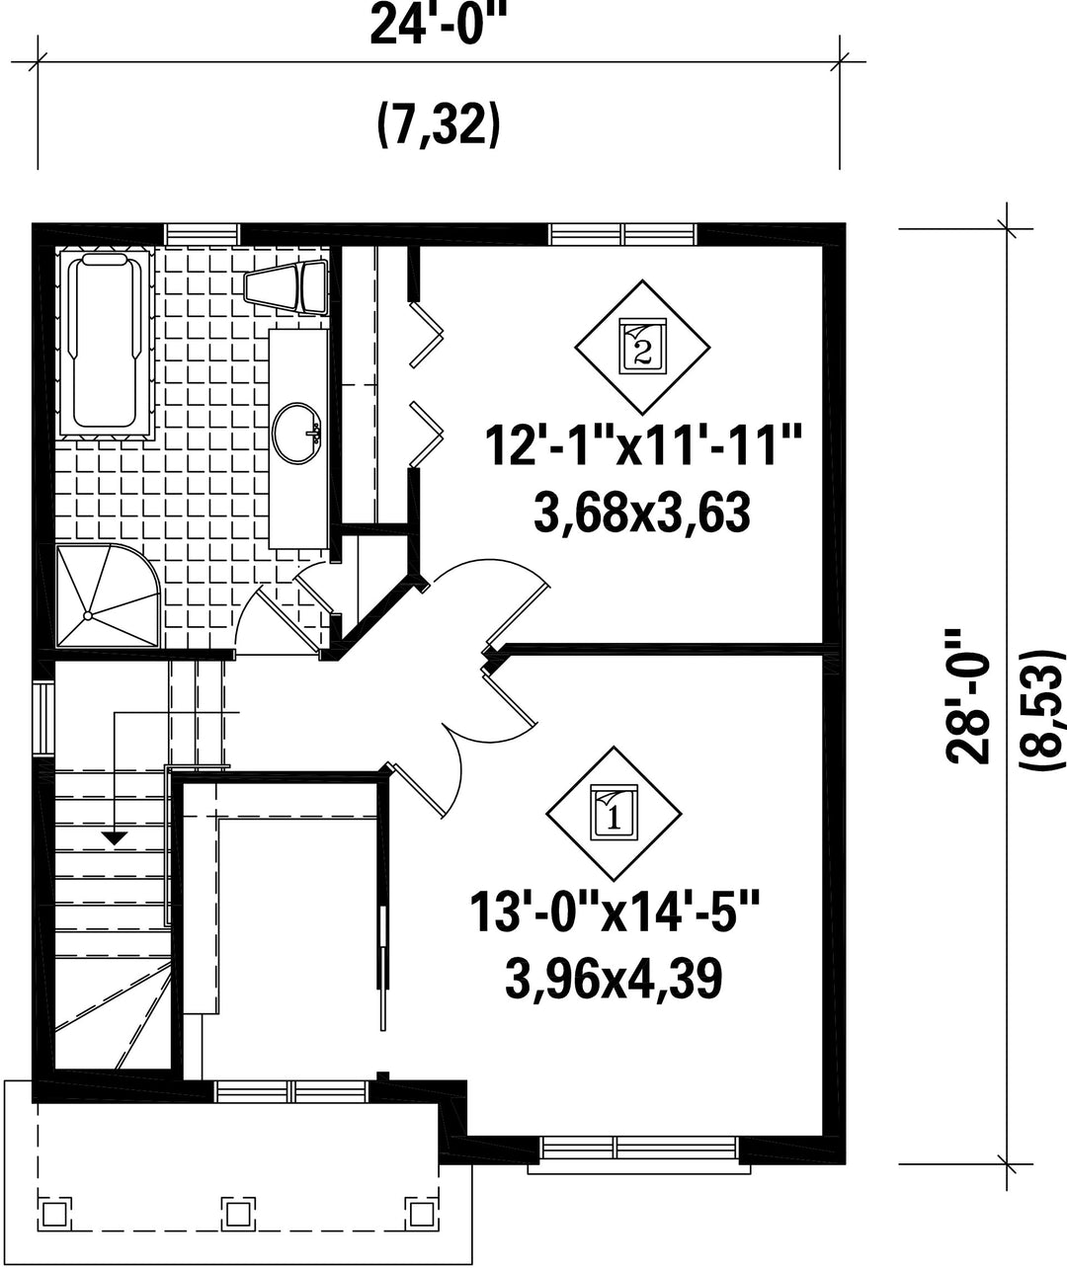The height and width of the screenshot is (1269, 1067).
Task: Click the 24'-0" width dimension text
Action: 438,25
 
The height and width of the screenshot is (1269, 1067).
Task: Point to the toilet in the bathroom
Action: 287,285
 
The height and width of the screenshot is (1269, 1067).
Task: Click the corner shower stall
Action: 108,595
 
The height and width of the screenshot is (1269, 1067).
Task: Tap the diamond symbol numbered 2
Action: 642,347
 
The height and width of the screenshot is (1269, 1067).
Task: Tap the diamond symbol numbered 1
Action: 615,813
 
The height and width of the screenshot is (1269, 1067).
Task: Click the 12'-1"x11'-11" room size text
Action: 642,446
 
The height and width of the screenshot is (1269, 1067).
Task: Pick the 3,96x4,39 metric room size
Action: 615,995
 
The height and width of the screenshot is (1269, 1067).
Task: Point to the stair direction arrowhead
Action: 114,838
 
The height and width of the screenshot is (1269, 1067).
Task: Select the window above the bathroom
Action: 203,234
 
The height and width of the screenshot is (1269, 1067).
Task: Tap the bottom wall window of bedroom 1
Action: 638,1149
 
